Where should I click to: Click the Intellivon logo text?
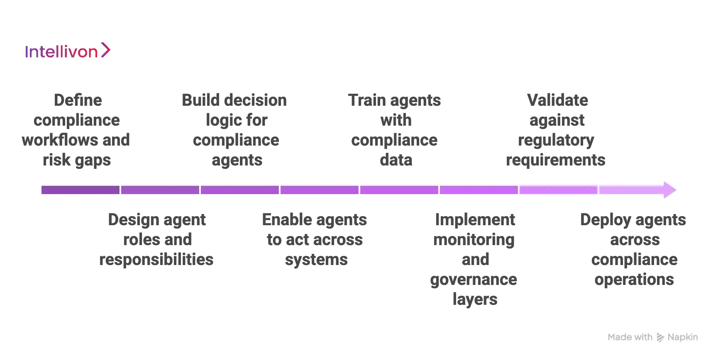61,52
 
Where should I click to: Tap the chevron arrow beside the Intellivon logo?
106,50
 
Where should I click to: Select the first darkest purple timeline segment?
81,190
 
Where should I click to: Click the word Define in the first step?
78,100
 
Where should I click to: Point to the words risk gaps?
77,160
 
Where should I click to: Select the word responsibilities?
156,260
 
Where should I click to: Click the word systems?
316,260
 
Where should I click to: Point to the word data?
396,160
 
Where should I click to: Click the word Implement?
475,220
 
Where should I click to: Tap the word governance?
474,280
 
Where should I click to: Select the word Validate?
557,100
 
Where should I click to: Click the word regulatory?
556,141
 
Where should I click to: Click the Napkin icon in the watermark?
660,338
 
